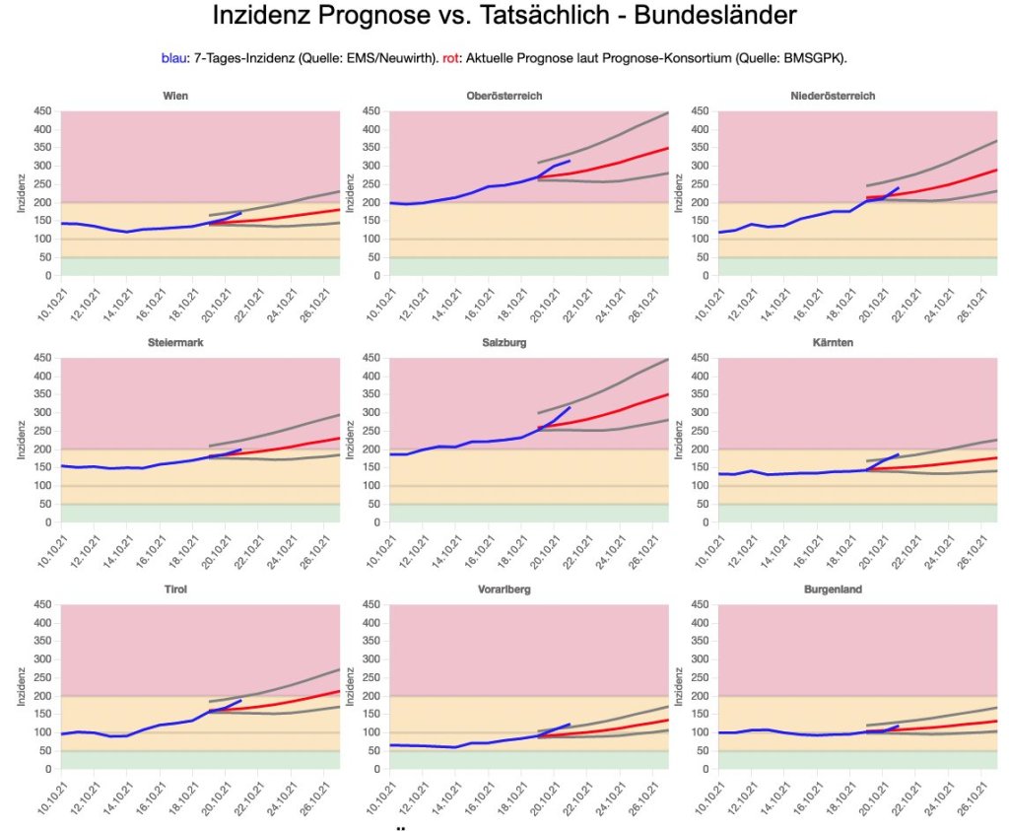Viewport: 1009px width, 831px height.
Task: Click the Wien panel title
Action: (176, 96)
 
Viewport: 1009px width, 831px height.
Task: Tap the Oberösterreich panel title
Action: (504, 96)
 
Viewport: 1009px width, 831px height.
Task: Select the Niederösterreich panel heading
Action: (833, 96)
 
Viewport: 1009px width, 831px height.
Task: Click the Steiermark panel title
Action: (176, 342)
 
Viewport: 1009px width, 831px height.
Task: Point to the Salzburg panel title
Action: (504, 342)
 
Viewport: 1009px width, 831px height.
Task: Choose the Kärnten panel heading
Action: (833, 342)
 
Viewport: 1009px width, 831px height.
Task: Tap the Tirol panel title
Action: (176, 589)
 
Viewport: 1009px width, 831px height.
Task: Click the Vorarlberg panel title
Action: (504, 589)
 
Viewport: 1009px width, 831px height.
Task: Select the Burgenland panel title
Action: (833, 589)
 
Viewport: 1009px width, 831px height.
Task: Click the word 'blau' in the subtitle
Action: (173, 58)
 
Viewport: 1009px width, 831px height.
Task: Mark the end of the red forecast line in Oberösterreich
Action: (668, 148)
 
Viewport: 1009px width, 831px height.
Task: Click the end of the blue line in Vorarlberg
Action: (570, 725)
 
